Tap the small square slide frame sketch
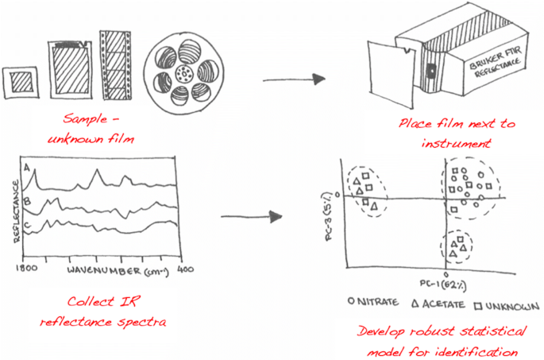[21, 80]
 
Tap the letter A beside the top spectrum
[27, 169]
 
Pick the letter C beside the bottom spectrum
[27, 226]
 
